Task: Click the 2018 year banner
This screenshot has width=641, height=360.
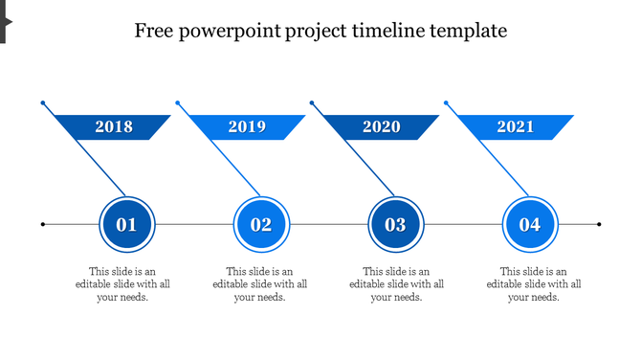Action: (x=114, y=126)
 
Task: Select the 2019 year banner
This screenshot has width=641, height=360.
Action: (x=248, y=126)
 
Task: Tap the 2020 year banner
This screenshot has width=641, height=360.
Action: (x=382, y=126)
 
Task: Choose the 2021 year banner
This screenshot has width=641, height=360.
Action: (x=516, y=126)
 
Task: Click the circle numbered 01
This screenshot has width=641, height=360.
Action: (x=126, y=225)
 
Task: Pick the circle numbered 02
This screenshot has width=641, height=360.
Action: (x=261, y=225)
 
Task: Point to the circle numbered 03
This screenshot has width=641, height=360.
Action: (x=395, y=225)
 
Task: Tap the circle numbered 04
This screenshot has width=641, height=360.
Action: (x=530, y=225)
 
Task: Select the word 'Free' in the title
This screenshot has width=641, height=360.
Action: (x=153, y=31)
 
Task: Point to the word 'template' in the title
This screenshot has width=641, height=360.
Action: (x=468, y=31)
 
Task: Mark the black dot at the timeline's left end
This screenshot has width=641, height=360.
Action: (x=43, y=225)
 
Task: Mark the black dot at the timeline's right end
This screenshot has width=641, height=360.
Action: (x=599, y=225)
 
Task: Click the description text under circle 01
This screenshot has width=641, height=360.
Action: (x=123, y=284)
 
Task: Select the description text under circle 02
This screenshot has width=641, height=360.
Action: (x=260, y=284)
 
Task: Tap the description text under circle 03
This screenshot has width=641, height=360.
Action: (x=397, y=284)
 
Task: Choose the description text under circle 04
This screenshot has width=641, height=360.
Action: (x=534, y=284)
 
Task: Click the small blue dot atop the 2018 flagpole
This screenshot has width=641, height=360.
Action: (x=42, y=101)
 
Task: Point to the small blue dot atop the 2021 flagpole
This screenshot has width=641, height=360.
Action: (x=446, y=101)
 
